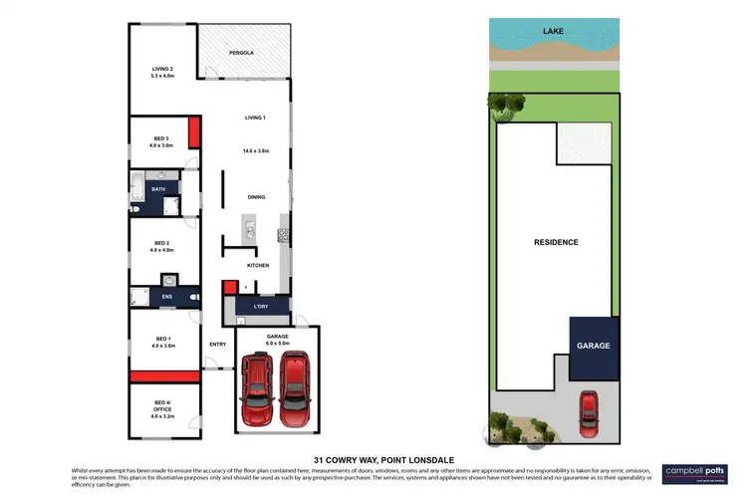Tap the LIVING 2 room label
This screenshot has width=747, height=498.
tap(162, 69)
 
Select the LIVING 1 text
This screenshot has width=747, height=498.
tap(256, 118)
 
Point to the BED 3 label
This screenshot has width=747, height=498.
tap(161, 138)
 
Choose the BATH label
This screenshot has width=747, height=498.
tap(158, 188)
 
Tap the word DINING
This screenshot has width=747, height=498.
tap(256, 197)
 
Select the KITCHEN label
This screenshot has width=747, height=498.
tap(258, 265)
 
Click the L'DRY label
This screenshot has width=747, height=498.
tap(262, 305)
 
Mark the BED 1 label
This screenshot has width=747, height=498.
tap(162, 339)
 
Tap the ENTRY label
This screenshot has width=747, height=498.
tap(217, 345)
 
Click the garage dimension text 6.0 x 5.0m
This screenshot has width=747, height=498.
tap(277, 344)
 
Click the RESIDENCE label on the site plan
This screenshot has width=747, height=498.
tap(555, 242)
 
